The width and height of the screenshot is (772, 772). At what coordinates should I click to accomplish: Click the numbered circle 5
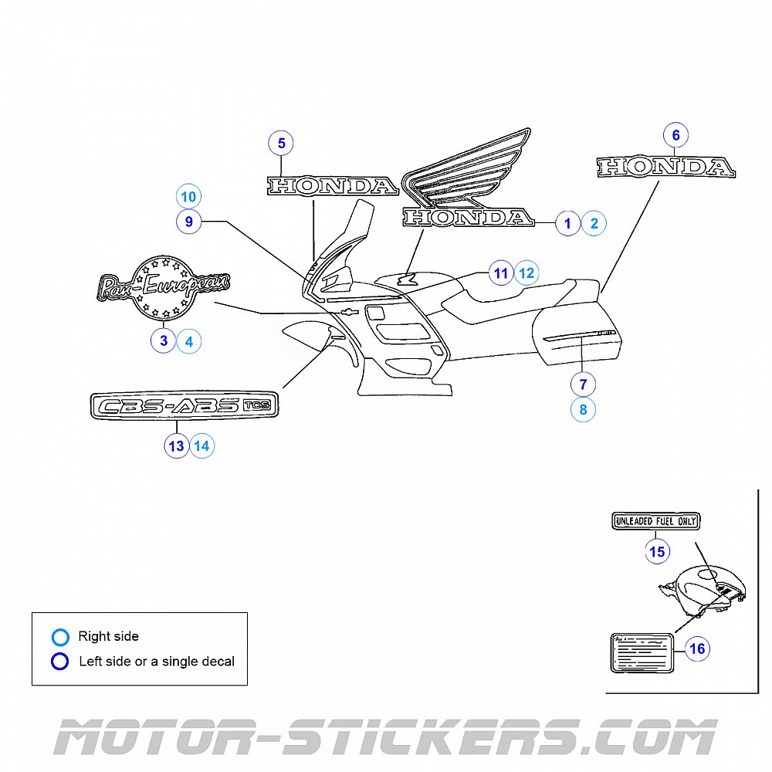coord(282,143)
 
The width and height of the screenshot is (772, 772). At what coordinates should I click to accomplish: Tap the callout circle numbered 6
coord(675,135)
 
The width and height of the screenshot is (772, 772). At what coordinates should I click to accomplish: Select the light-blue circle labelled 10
coord(189,196)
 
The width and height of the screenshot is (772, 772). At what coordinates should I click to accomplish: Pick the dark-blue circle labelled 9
coord(189,222)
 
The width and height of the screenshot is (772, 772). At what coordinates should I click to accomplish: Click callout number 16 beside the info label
coord(697,648)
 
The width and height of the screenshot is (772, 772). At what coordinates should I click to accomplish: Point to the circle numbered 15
coord(658,551)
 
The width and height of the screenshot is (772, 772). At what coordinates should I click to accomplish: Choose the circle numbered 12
coord(527,273)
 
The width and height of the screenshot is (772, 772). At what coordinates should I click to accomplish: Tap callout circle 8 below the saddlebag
coord(583,409)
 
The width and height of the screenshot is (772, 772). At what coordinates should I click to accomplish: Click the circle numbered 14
coord(201,445)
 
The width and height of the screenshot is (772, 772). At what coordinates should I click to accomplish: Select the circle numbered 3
coord(164,340)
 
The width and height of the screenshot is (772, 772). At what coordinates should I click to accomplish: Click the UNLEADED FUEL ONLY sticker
coord(655,522)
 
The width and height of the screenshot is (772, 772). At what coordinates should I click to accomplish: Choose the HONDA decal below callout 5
coord(333,185)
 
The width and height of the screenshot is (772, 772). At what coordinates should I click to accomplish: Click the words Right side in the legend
coord(108,637)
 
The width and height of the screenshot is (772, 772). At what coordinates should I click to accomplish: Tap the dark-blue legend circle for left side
coord(60,662)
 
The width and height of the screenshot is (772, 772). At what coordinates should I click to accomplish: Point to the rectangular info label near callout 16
coord(642,652)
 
